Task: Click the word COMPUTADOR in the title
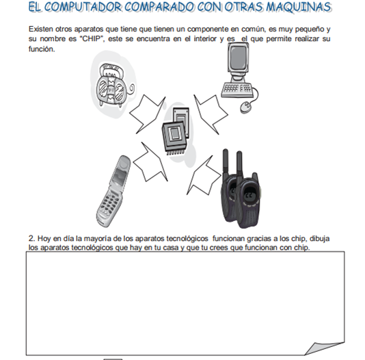click(x=83, y=7)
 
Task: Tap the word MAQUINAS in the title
click(x=299, y=7)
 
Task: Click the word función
click(x=42, y=49)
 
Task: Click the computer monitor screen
click(x=238, y=57)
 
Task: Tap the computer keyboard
click(x=237, y=90)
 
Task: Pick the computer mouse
click(x=245, y=107)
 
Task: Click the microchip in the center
click(x=176, y=131)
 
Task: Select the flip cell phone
click(x=113, y=192)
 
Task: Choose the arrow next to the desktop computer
click(x=211, y=114)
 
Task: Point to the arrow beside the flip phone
click(x=150, y=162)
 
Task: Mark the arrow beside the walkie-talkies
click(x=204, y=176)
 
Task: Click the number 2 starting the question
click(x=32, y=239)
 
